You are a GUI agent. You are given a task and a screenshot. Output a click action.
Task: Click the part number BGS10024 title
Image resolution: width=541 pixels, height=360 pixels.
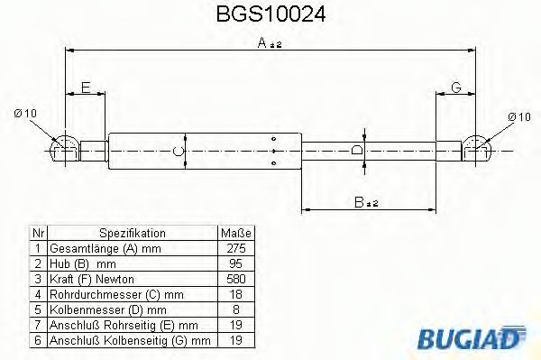click(270, 15)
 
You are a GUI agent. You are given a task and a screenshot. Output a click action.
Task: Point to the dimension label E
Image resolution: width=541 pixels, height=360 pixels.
click(86, 88)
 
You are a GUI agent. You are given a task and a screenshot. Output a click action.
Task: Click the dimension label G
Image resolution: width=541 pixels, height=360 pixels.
click(456, 88)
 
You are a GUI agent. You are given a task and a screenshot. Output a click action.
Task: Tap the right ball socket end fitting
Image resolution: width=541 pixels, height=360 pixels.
click(479, 149)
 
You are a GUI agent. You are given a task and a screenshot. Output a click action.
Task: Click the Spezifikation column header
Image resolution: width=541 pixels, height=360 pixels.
click(132, 232)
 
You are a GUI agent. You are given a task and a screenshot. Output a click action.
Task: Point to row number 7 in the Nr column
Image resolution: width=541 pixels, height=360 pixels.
click(37, 324)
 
